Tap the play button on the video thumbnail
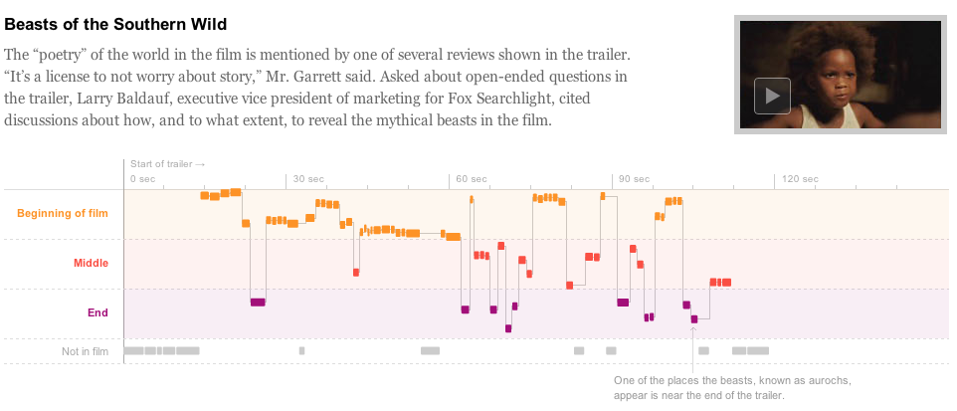772,96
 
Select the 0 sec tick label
143,179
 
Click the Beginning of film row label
63,213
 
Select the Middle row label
91,263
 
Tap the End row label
97,312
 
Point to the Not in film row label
85,351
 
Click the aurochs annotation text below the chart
731,388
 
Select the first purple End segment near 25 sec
258,302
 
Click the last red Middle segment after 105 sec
721,283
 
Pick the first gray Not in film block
133,351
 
